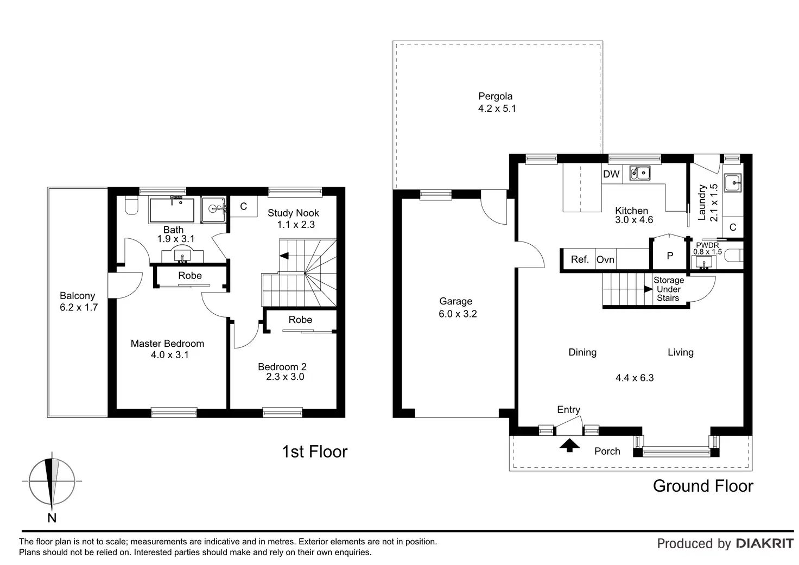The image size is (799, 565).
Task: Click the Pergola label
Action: tap(495, 96)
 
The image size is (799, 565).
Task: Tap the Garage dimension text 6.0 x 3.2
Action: tap(458, 314)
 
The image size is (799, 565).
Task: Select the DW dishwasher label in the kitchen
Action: tap(611, 174)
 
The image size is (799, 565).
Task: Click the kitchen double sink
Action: tap(639, 173)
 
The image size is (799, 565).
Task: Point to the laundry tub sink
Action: tap(733, 183)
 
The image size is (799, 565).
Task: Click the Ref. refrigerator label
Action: tap(580, 259)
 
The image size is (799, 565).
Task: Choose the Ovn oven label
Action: tap(605, 259)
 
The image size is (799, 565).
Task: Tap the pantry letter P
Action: tap(670, 256)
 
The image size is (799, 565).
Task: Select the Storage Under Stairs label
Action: tap(668, 289)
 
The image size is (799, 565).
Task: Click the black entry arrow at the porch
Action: tap(569, 446)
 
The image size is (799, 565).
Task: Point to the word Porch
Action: tap(607, 451)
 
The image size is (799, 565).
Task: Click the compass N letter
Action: tap(52, 518)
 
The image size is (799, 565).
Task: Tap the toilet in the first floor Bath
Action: tap(131, 206)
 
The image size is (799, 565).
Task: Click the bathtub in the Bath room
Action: tap(172, 210)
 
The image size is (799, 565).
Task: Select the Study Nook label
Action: tap(293, 213)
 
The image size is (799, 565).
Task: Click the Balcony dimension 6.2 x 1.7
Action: tap(79, 308)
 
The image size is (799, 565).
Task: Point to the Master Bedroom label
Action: tap(167, 344)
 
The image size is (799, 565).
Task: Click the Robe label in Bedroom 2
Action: tap(300, 320)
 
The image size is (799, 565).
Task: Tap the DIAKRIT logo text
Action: tap(765, 544)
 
